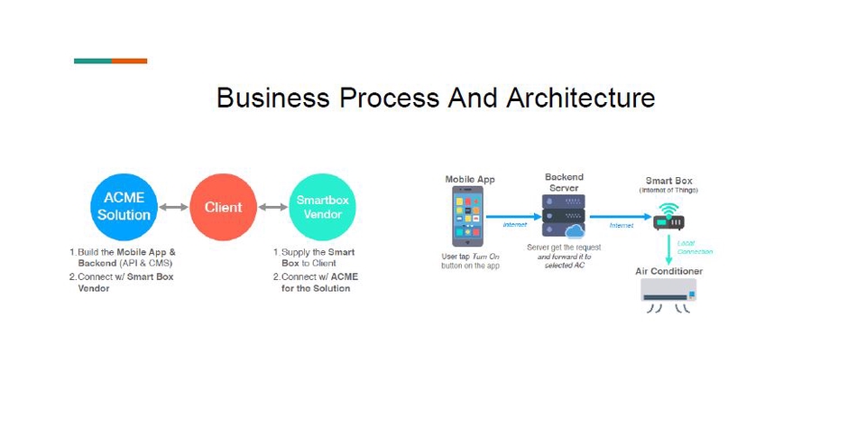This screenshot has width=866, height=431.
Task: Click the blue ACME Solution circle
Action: pos(124,207)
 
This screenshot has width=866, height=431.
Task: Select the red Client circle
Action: pos(223,207)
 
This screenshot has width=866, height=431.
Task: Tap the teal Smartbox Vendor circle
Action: pos(322,207)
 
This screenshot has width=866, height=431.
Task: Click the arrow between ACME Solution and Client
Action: pos(174,207)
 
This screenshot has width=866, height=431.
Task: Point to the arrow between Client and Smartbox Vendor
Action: pos(272,207)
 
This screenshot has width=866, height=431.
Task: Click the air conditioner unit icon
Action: pos(668,292)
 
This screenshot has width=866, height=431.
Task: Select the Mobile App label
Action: pos(470,180)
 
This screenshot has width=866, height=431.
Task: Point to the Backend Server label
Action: pos(564,182)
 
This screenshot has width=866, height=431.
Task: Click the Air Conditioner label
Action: pos(668,271)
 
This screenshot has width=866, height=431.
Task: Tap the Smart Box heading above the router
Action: pos(668,181)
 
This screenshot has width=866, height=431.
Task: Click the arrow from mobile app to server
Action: pos(513,217)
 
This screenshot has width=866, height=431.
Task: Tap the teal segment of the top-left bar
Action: pos(93,61)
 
